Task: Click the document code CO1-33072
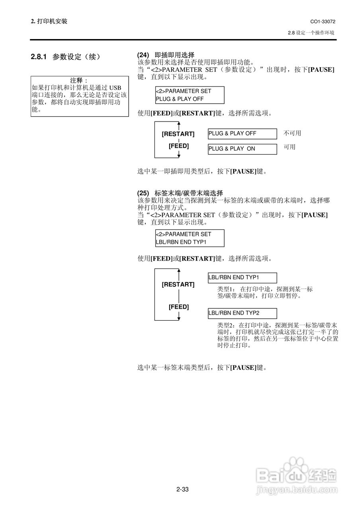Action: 323,21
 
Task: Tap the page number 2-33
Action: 182,489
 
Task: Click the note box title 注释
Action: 79,80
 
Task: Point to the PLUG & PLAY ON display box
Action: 242,149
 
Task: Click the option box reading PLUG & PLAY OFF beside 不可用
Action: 242,133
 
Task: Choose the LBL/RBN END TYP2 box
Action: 242,313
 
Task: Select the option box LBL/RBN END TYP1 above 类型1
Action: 242,277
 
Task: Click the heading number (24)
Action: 143,55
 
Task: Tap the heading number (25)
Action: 143,193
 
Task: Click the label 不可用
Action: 292,133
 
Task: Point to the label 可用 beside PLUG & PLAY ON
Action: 290,147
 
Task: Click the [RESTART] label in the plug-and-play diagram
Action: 178,134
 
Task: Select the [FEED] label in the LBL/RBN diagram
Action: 178,307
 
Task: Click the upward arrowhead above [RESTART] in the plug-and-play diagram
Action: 179,125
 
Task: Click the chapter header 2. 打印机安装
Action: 49,21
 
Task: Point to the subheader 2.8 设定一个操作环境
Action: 311,33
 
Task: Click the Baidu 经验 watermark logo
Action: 297,474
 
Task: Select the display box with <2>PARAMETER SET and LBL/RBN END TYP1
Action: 190,238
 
